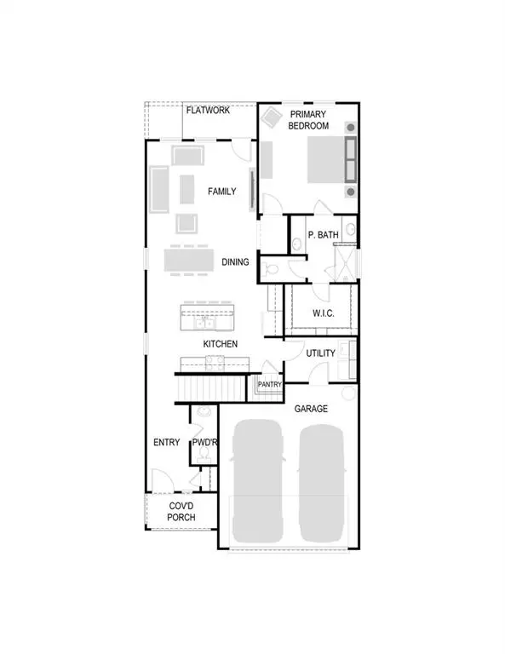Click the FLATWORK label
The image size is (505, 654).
(x=207, y=110)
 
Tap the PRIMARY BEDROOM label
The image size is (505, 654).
(x=309, y=120)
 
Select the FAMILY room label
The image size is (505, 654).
(x=222, y=192)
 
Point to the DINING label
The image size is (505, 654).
(x=236, y=262)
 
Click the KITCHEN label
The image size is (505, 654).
(x=220, y=343)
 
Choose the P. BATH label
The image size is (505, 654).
(x=323, y=234)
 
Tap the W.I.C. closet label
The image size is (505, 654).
(x=323, y=313)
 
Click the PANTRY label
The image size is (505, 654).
(x=269, y=385)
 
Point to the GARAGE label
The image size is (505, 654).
(x=311, y=410)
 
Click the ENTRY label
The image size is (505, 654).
(x=166, y=443)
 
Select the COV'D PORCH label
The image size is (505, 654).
(x=181, y=511)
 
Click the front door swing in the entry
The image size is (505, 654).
(x=158, y=479)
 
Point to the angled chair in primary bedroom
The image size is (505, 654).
(x=273, y=116)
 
